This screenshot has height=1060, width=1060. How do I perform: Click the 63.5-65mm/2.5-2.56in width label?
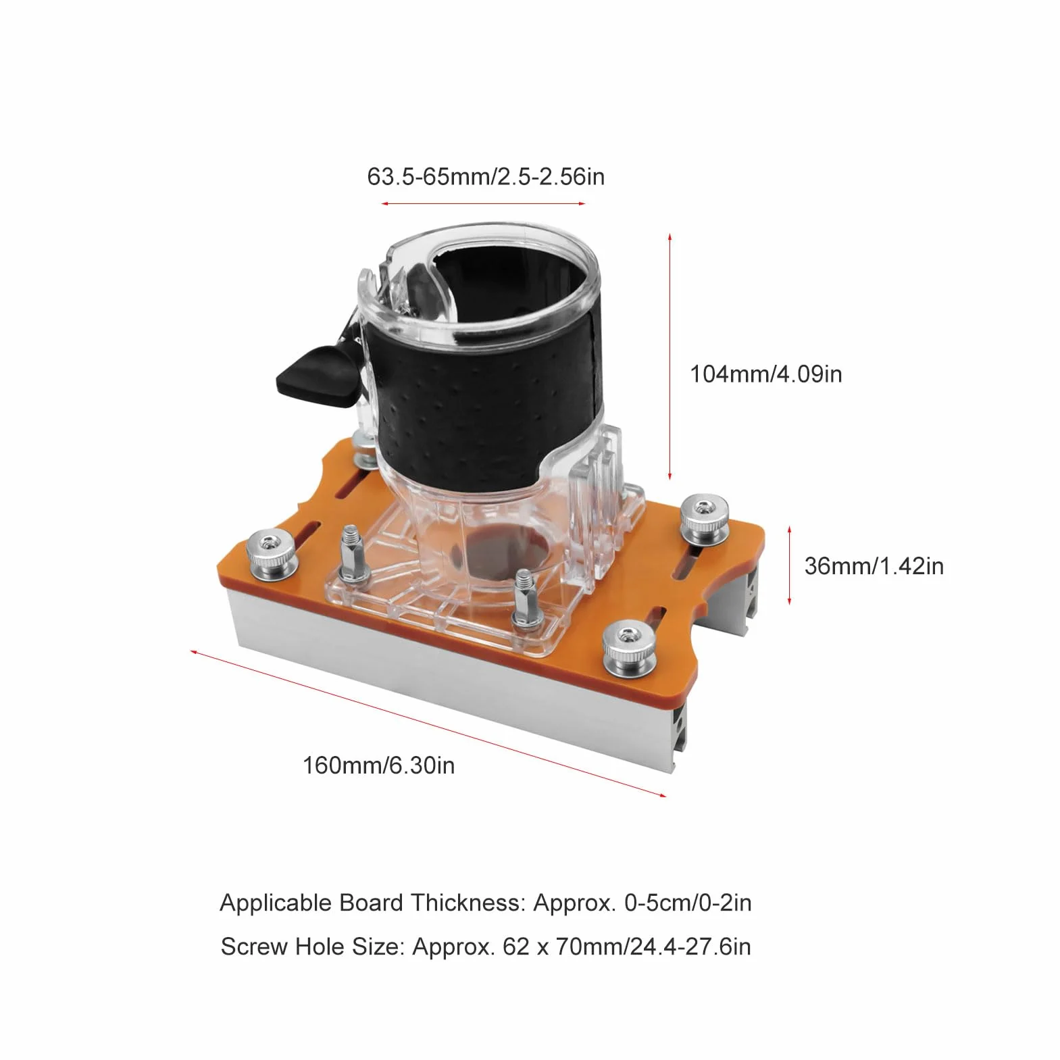[486, 176]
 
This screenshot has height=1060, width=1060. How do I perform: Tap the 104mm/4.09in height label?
[766, 374]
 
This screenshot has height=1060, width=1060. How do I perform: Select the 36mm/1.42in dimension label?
[874, 565]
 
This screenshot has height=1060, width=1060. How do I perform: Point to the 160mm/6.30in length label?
[378, 765]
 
